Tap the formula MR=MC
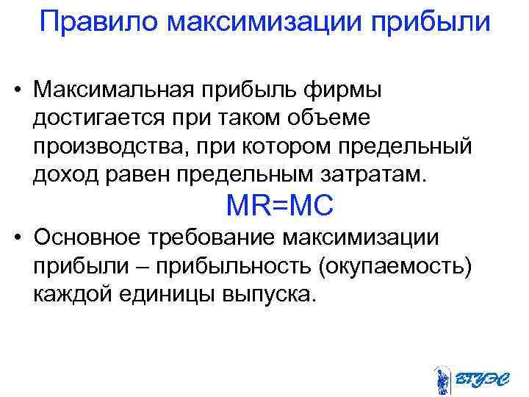click(x=280, y=205)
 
